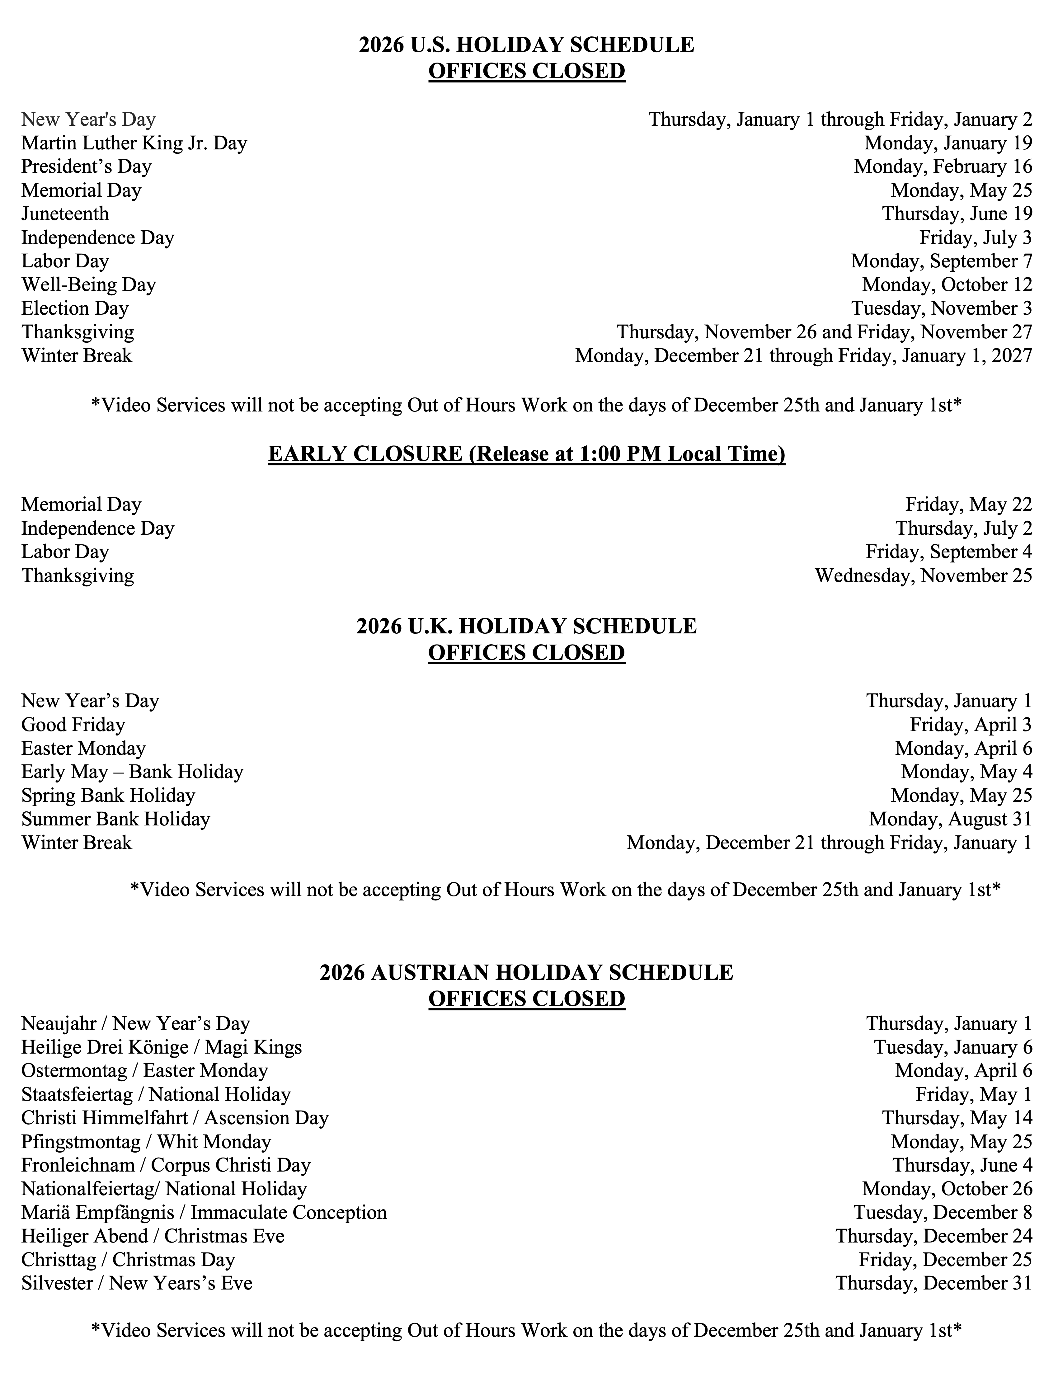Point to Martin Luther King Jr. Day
(x=134, y=143)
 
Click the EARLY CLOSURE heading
(x=526, y=454)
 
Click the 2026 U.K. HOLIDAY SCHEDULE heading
(x=526, y=627)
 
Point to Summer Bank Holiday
(x=116, y=819)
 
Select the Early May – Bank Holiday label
(x=132, y=772)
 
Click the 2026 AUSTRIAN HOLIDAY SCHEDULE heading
(x=526, y=973)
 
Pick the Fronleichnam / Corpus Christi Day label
(x=166, y=1166)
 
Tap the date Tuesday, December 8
(x=943, y=1213)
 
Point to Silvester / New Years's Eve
(x=137, y=1283)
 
